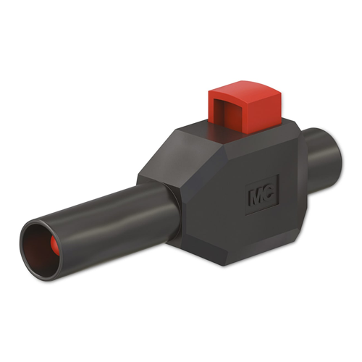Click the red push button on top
pos(245,107)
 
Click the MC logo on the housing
pos(262,195)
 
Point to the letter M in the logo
pos(256,196)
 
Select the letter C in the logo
pos(269,193)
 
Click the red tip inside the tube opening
pos(55,245)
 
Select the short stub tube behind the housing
pos(322,158)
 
